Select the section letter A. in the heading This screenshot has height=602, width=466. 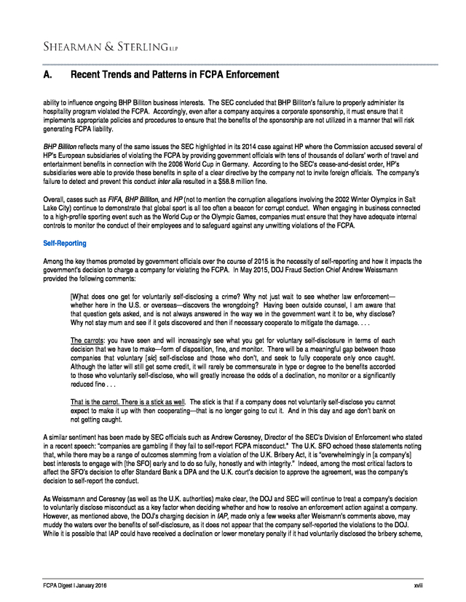coord(48,75)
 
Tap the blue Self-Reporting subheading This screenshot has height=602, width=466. coord(65,244)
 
